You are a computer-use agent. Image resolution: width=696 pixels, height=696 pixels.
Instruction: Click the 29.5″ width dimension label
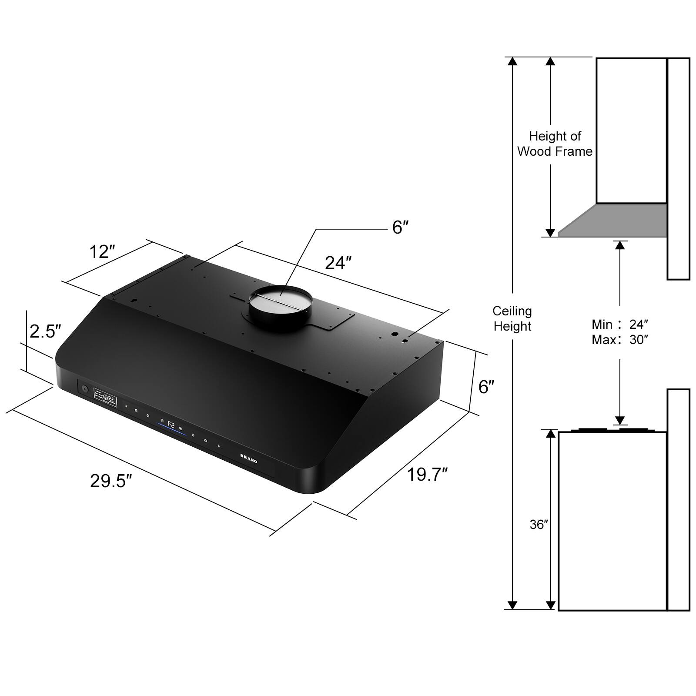pyautogui.click(x=111, y=481)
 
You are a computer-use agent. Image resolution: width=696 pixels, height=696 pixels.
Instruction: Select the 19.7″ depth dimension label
pyautogui.click(x=427, y=474)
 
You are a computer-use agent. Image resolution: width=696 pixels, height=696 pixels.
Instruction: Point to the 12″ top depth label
pyautogui.click(x=102, y=252)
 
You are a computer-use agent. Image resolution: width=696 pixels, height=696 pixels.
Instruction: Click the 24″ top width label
pyautogui.click(x=338, y=263)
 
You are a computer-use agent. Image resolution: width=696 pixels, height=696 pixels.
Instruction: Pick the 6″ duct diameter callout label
pyautogui.click(x=400, y=227)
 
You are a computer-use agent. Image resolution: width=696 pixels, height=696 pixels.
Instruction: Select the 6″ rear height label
pyautogui.click(x=486, y=387)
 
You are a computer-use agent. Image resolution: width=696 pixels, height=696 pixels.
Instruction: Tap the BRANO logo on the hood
pyautogui.click(x=249, y=458)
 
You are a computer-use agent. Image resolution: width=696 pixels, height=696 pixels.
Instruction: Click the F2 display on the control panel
pyautogui.click(x=171, y=425)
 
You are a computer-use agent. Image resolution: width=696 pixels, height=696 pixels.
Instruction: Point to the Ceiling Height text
pyautogui.click(x=512, y=318)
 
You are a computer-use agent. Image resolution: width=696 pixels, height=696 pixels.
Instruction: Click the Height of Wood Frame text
pyautogui.click(x=555, y=144)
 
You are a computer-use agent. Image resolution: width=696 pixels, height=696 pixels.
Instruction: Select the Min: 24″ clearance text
pyautogui.click(x=619, y=324)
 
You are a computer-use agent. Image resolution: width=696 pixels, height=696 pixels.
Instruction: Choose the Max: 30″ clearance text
pyautogui.click(x=619, y=340)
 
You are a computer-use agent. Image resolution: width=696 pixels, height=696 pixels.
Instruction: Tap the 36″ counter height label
pyautogui.click(x=539, y=525)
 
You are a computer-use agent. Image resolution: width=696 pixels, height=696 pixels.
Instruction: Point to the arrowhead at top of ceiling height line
pyautogui.click(x=512, y=61)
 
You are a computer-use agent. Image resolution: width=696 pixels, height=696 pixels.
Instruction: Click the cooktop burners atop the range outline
pyautogui.click(x=611, y=430)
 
